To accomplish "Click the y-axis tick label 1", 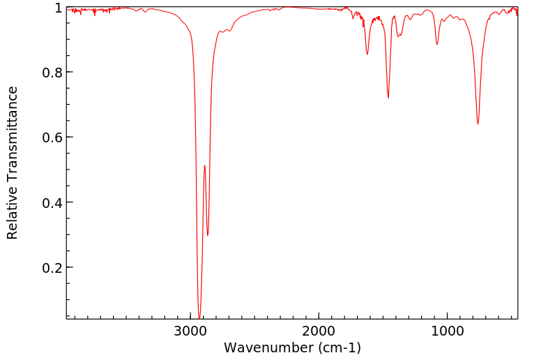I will [59, 8].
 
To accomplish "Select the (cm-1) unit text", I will [337, 347].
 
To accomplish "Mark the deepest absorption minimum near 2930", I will [199, 318].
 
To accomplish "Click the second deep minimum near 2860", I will [208, 235].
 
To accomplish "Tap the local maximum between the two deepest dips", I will [204, 165].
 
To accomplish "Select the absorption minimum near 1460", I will [388, 98].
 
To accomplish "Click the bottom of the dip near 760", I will [478, 124].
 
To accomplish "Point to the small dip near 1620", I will [367, 54].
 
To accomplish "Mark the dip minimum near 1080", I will [436, 45].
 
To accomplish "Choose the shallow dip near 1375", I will [399, 36].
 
